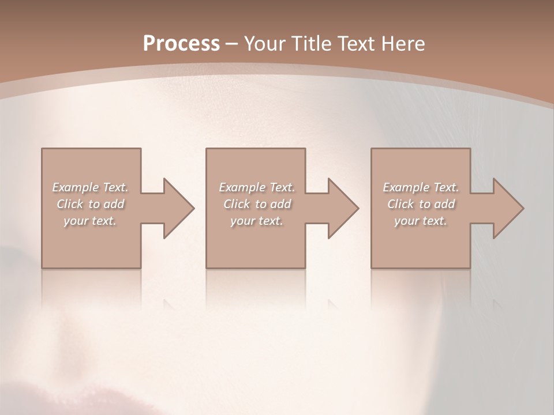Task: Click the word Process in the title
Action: [x=181, y=43]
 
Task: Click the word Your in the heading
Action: [x=265, y=43]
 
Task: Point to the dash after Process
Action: [x=231, y=44]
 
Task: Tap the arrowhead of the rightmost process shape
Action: [x=507, y=208]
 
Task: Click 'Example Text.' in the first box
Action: [x=90, y=187]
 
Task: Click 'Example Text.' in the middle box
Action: [x=257, y=187]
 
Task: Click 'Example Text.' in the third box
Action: [x=421, y=187]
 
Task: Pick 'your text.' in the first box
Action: [x=90, y=221]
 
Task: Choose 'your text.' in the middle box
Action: [x=257, y=221]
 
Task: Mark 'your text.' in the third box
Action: [x=421, y=221]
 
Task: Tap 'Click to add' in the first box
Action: [x=90, y=204]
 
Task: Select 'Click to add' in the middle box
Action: [x=257, y=204]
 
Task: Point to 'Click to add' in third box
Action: [x=421, y=204]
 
